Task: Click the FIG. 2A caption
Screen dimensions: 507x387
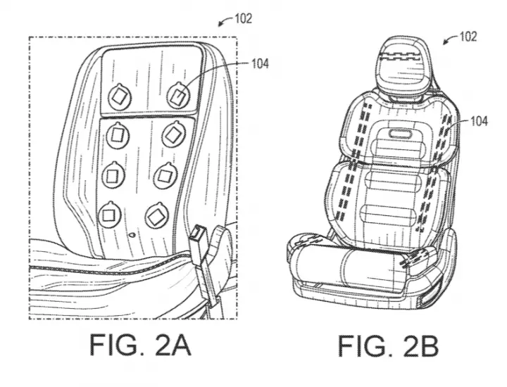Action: [140, 345]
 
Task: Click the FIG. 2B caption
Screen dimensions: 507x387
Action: [388, 346]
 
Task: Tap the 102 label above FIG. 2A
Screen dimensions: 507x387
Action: [243, 19]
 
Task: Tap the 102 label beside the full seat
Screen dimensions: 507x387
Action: [468, 37]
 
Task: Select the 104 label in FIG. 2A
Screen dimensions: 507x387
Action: [260, 64]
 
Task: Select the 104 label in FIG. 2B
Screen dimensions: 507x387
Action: [479, 122]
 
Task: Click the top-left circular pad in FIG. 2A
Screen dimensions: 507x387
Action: [119, 96]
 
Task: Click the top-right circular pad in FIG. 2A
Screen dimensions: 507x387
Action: [178, 95]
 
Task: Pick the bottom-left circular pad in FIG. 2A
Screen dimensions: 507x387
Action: [109, 214]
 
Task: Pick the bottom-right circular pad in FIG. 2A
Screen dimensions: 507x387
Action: [157, 215]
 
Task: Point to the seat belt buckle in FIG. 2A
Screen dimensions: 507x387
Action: [197, 241]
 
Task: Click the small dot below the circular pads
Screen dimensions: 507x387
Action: [132, 235]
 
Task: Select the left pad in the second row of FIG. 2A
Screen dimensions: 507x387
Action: [118, 135]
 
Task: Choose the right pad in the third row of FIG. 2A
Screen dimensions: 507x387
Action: [165, 176]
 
